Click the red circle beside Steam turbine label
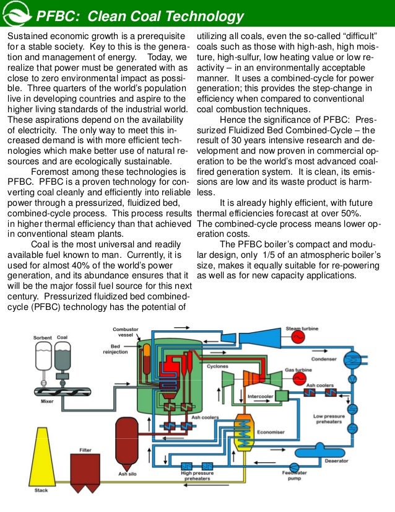pyautogui.click(x=298, y=336)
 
